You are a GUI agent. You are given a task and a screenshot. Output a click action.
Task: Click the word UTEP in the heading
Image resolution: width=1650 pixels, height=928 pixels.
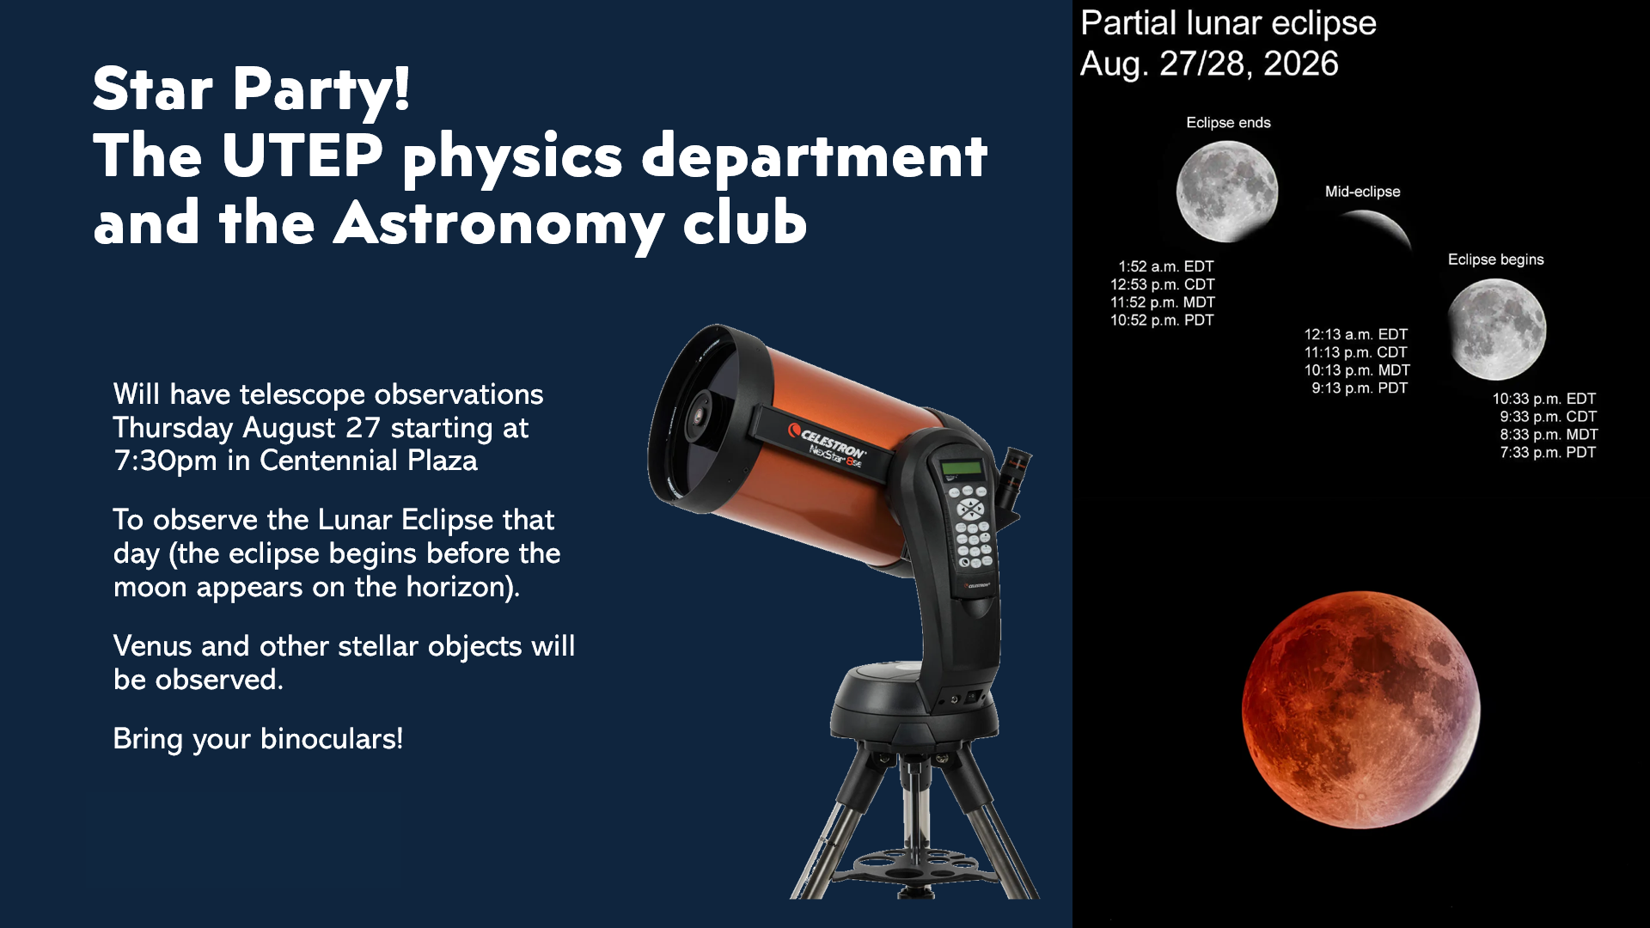[302, 156]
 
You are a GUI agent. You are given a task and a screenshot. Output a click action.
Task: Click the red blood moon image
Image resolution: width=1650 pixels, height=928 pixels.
[1361, 710]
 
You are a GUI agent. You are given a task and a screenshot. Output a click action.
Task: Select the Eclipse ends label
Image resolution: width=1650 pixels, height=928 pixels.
[1228, 123]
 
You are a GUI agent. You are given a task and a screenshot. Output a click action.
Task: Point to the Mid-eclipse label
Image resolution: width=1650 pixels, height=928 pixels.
[1362, 192]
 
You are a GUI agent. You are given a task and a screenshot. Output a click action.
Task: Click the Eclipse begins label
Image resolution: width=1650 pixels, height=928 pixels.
[1495, 259]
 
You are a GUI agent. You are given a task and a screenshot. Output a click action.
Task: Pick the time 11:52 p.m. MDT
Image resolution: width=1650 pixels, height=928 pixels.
[1162, 302]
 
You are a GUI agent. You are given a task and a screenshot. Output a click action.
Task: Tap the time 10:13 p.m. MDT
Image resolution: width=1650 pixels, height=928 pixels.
[1357, 370]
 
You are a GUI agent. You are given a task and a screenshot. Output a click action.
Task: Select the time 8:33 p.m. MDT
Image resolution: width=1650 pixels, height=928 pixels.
[1549, 435]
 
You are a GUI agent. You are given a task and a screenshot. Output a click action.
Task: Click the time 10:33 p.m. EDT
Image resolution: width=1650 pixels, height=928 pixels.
[1543, 399]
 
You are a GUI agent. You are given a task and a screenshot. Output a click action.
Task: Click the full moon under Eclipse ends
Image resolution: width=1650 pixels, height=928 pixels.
[1226, 191]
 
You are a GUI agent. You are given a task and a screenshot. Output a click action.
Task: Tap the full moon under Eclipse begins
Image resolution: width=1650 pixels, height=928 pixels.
[1496, 329]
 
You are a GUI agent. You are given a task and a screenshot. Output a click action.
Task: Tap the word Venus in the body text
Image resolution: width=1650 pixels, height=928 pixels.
[152, 646]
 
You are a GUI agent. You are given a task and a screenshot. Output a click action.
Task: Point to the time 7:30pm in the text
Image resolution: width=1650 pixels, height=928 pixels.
[165, 461]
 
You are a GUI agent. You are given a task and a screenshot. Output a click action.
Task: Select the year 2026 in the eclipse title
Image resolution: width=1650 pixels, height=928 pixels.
[1300, 64]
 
